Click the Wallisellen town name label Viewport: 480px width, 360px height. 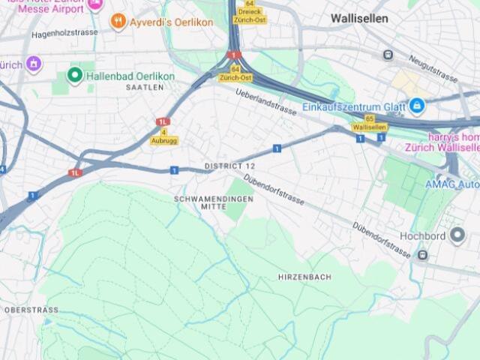(x=359, y=18)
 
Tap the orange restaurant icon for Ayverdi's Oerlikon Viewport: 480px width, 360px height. (x=118, y=22)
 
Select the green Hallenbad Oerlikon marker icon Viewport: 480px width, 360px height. (x=74, y=75)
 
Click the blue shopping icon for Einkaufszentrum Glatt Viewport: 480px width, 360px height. (x=415, y=106)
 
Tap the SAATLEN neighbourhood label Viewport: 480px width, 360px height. (x=145, y=88)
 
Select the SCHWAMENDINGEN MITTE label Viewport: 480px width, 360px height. (x=214, y=202)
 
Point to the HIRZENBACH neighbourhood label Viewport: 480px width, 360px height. (x=304, y=277)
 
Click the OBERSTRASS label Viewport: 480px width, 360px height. (x=31, y=309)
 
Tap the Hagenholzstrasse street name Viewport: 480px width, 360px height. (x=65, y=33)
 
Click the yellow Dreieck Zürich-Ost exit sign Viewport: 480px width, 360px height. (x=249, y=11)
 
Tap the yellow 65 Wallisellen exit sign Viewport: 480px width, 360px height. (x=369, y=123)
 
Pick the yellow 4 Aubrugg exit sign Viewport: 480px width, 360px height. (x=164, y=136)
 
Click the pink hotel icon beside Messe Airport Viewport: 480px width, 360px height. (x=95, y=4)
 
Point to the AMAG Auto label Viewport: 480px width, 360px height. (x=451, y=184)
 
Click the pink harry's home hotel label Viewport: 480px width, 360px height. (x=454, y=142)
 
